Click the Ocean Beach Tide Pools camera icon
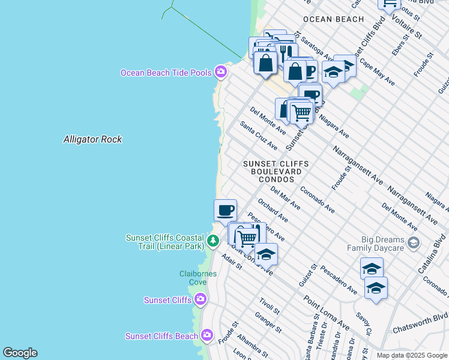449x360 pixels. (221, 72)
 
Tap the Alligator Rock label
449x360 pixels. (92, 139)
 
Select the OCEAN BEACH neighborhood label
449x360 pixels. (333, 19)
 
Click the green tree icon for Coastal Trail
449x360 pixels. (212, 241)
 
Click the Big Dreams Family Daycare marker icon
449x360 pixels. (413, 242)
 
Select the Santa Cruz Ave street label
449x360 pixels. (259, 136)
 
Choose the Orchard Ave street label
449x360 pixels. (273, 211)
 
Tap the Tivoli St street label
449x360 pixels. (270, 305)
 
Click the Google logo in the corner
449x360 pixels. (20, 353)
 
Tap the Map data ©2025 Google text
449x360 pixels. (411, 355)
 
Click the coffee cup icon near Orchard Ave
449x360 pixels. (226, 210)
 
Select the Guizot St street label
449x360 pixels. (313, 275)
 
